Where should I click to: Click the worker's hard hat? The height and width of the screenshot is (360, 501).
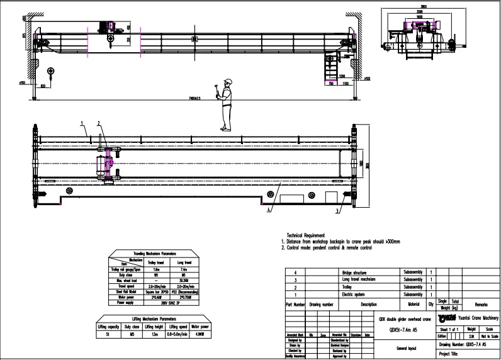tap(228, 81)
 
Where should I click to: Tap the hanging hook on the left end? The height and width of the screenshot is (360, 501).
tap(52, 71)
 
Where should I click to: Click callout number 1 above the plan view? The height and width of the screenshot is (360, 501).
tap(82, 123)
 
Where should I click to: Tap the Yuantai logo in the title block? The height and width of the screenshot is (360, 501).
tap(452, 318)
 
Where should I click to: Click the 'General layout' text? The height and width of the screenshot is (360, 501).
tap(406, 347)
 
